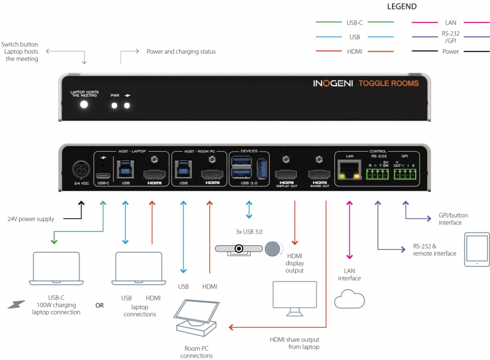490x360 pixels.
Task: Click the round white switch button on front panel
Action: pyautogui.click(x=85, y=104)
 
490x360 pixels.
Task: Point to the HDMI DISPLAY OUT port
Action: pyautogui.click(x=286, y=175)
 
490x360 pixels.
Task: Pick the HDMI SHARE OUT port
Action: pyautogui.click(x=319, y=175)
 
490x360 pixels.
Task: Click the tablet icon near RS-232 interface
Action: pyautogui.click(x=476, y=250)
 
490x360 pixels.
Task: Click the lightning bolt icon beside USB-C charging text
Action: pyautogui.click(x=17, y=302)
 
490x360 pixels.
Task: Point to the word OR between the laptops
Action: pyautogui.click(x=99, y=305)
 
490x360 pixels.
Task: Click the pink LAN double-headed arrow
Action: pyautogui.click(x=348, y=231)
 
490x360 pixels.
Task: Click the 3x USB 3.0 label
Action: pyautogui.click(x=248, y=231)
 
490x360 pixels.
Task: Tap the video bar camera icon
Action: pyautogui.click(x=238, y=248)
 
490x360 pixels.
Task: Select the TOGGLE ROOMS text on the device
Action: pyautogui.click(x=389, y=83)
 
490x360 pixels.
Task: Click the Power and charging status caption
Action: pyautogui.click(x=181, y=51)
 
